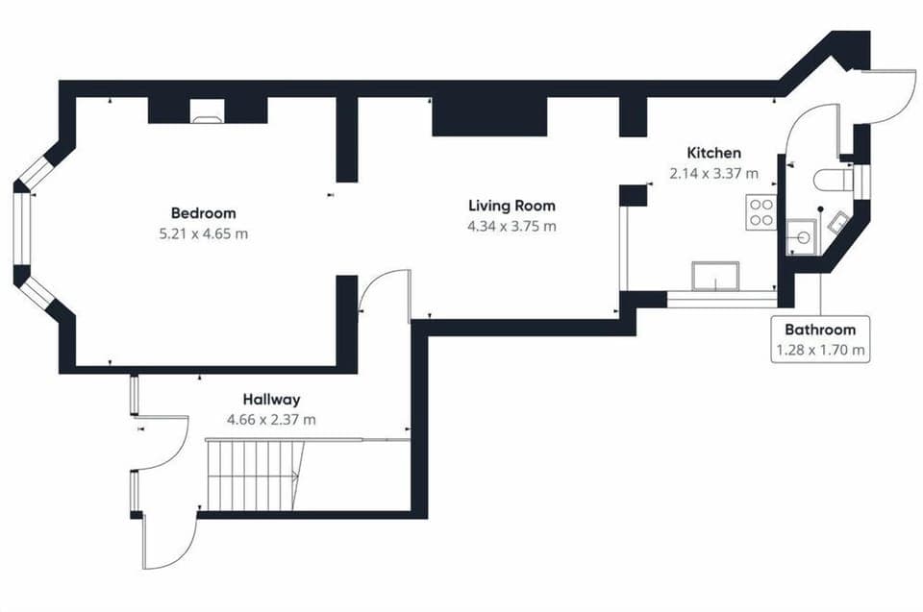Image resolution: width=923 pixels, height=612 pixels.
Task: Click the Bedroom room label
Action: click(203, 212)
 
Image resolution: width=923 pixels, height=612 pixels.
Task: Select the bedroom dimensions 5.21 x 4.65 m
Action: click(203, 233)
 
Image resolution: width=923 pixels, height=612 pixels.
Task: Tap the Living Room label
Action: click(511, 206)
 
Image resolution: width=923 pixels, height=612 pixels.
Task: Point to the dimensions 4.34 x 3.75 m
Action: click(511, 227)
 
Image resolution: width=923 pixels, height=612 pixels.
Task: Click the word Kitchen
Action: click(713, 153)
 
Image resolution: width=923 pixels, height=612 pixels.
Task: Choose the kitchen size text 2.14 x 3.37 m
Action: click(713, 174)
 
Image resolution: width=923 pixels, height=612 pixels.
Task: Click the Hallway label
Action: click(271, 399)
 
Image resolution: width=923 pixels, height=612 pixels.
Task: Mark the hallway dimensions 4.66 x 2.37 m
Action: click(271, 420)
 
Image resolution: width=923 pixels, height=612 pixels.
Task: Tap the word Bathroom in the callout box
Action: click(820, 330)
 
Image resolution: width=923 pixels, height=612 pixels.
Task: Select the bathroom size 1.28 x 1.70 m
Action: click(820, 351)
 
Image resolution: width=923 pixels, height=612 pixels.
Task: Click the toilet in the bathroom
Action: click(830, 180)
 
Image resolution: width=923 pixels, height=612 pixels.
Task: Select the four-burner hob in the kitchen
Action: click(761, 211)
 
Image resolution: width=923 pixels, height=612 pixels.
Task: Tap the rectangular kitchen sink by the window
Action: click(714, 276)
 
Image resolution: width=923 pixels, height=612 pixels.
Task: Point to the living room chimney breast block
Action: click(488, 117)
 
